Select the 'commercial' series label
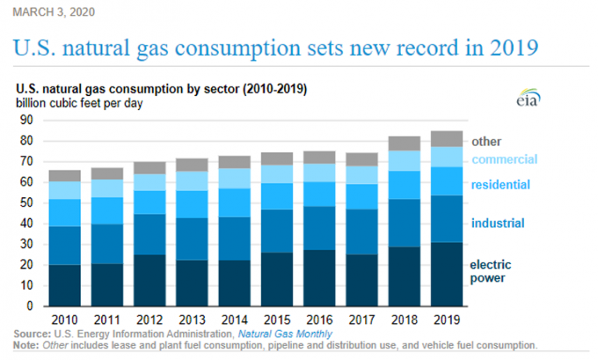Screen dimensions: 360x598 click(x=504, y=159)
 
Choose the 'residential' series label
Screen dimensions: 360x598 click(x=501, y=185)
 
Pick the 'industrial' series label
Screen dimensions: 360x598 click(x=498, y=224)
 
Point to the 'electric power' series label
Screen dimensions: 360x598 click(x=491, y=271)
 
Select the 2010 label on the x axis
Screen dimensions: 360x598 click(x=65, y=319)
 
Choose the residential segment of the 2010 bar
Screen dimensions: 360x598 click(x=65, y=213)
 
